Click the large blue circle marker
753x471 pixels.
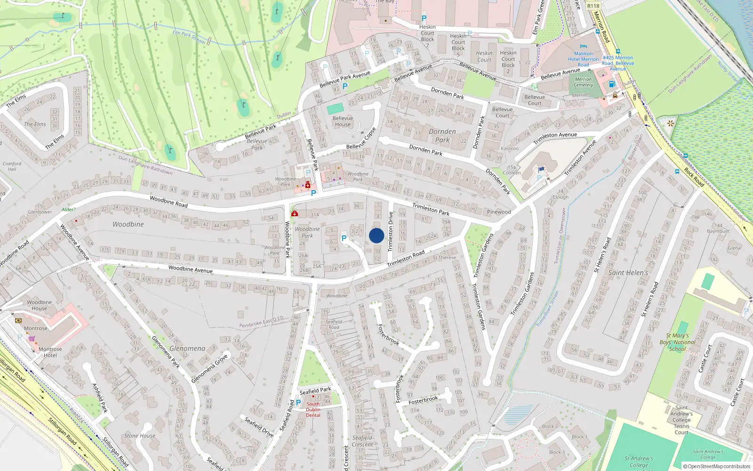376,235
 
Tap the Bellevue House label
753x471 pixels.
343,122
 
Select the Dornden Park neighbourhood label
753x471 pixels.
442,136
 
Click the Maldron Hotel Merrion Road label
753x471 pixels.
584,59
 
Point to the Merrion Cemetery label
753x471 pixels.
584,82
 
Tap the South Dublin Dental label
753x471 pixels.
313,409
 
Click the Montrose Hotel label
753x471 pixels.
50,352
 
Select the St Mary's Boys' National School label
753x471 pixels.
677,342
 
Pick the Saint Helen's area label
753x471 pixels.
628,273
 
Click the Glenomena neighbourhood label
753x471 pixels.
187,349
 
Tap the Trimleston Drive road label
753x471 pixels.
390,231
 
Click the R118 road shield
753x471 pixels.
593,6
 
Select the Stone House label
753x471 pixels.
140,436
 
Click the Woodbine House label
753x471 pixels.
40,305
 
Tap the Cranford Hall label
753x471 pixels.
12,166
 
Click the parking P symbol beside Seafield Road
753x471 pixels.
298,403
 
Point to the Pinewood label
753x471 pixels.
499,212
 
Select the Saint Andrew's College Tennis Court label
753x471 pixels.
681,420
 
